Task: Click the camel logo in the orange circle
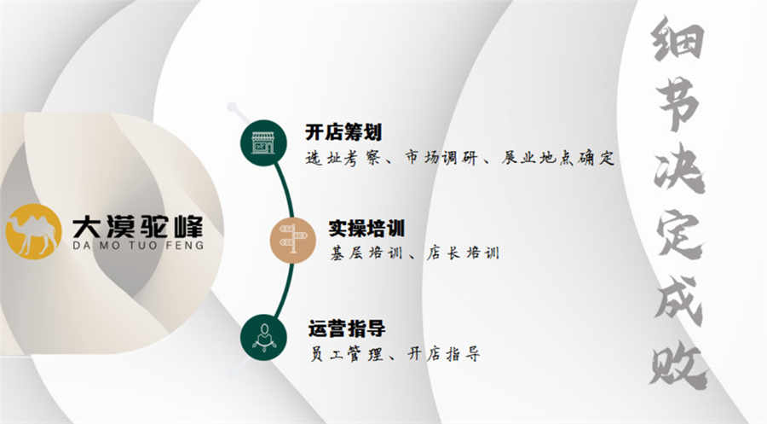coord(33,231)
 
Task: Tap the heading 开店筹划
coord(343,132)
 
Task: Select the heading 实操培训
coord(366,228)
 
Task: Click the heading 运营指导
coord(347,328)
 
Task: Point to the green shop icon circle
coord(263,143)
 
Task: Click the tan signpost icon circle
coord(293,240)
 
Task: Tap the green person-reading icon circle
coord(263,337)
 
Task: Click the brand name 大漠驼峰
coord(137,227)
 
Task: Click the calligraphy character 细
coord(678,40)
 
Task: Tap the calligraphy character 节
coord(678,105)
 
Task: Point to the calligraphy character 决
coord(679,169)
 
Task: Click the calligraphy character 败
coord(678,366)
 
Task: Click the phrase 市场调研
coord(441,158)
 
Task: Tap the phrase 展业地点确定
coord(557,158)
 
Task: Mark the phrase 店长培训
coord(463,253)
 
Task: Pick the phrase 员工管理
coord(347,353)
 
